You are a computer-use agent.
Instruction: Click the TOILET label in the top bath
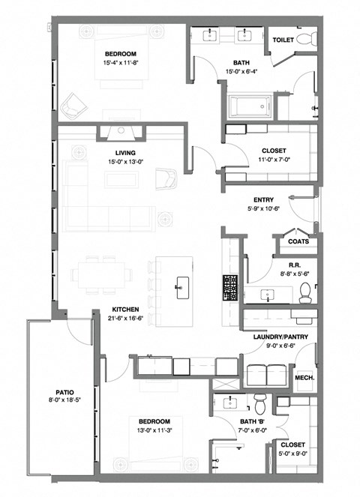(x=282, y=40)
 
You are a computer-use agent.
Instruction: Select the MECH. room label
(x=304, y=378)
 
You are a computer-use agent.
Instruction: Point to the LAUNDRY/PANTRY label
(x=275, y=337)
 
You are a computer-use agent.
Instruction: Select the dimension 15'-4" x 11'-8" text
(x=121, y=62)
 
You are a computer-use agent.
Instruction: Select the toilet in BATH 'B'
(x=259, y=403)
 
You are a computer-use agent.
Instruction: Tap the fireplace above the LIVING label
(x=120, y=133)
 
